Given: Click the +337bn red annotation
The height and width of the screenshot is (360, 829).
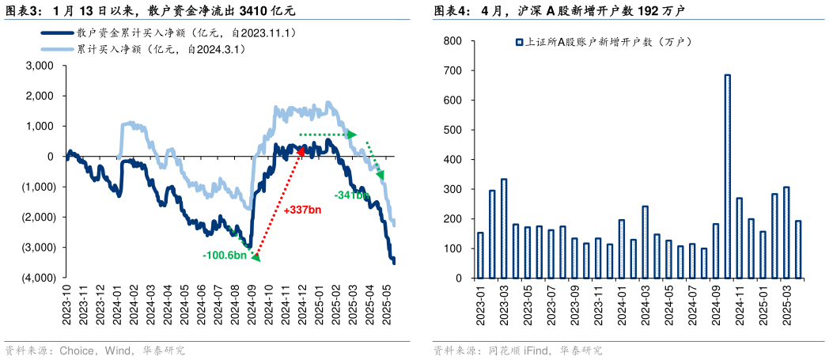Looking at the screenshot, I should click(x=301, y=210).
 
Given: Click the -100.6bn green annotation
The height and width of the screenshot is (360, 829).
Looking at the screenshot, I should click(x=225, y=256).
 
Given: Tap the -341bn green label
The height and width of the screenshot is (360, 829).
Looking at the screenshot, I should click(x=351, y=195).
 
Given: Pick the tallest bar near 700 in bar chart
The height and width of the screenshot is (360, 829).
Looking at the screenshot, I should click(x=727, y=176).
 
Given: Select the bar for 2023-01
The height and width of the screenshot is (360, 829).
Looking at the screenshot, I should click(x=480, y=256).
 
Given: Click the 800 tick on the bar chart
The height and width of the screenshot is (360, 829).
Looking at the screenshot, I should click(x=452, y=40).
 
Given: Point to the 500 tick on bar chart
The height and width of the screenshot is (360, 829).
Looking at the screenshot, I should click(x=452, y=130).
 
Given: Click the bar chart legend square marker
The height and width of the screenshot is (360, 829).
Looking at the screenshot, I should click(x=518, y=43).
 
